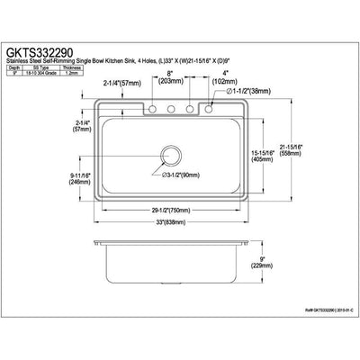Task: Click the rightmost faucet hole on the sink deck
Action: pyautogui.click(x=210, y=111)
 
